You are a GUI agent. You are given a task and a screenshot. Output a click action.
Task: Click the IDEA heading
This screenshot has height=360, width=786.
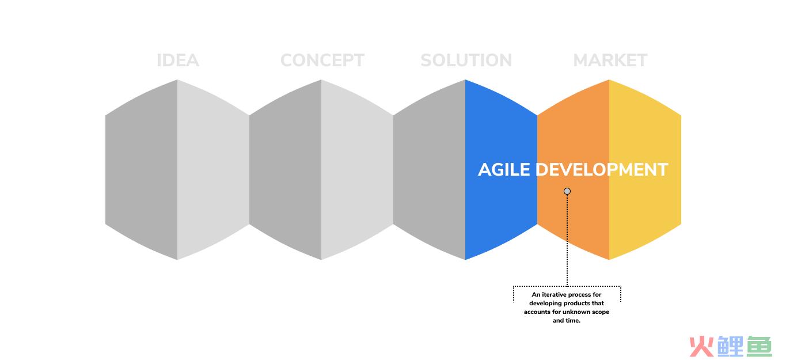[178, 60]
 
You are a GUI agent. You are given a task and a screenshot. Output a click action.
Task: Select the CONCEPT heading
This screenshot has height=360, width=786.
[322, 60]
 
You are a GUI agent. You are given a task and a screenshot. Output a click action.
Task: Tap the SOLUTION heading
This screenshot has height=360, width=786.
[466, 60]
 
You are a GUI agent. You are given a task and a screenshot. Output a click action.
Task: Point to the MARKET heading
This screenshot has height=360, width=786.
[610, 60]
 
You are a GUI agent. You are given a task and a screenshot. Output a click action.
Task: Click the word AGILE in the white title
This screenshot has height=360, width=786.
[504, 170]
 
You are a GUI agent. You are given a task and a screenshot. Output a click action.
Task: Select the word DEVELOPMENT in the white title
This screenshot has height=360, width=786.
[602, 170]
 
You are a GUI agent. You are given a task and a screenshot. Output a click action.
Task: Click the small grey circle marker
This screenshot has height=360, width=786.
[567, 191]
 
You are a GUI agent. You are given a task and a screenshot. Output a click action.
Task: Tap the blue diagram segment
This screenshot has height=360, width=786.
[501, 170]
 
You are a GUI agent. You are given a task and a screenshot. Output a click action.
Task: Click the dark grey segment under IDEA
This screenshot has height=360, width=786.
[142, 170]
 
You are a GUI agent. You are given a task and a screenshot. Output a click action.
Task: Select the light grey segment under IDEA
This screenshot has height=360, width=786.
[213, 170]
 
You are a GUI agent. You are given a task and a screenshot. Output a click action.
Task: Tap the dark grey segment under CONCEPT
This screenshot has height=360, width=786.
[285, 170]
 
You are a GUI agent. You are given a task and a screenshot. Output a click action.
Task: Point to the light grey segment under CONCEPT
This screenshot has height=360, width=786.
[357, 170]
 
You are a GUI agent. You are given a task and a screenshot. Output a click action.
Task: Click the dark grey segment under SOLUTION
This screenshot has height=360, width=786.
[429, 170]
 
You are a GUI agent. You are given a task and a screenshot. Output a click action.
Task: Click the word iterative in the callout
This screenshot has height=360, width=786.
[554, 295]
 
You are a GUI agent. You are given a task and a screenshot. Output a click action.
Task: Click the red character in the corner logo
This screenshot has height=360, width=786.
[701, 347]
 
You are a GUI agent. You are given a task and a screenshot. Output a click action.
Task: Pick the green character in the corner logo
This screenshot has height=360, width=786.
[760, 347]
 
